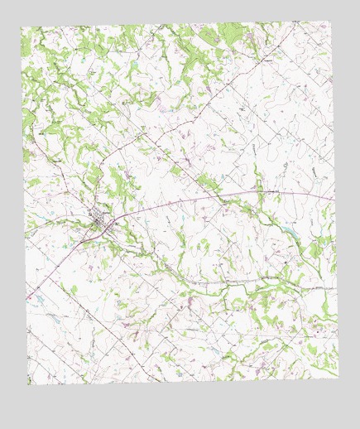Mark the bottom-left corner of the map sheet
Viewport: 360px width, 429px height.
click(29, 384)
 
